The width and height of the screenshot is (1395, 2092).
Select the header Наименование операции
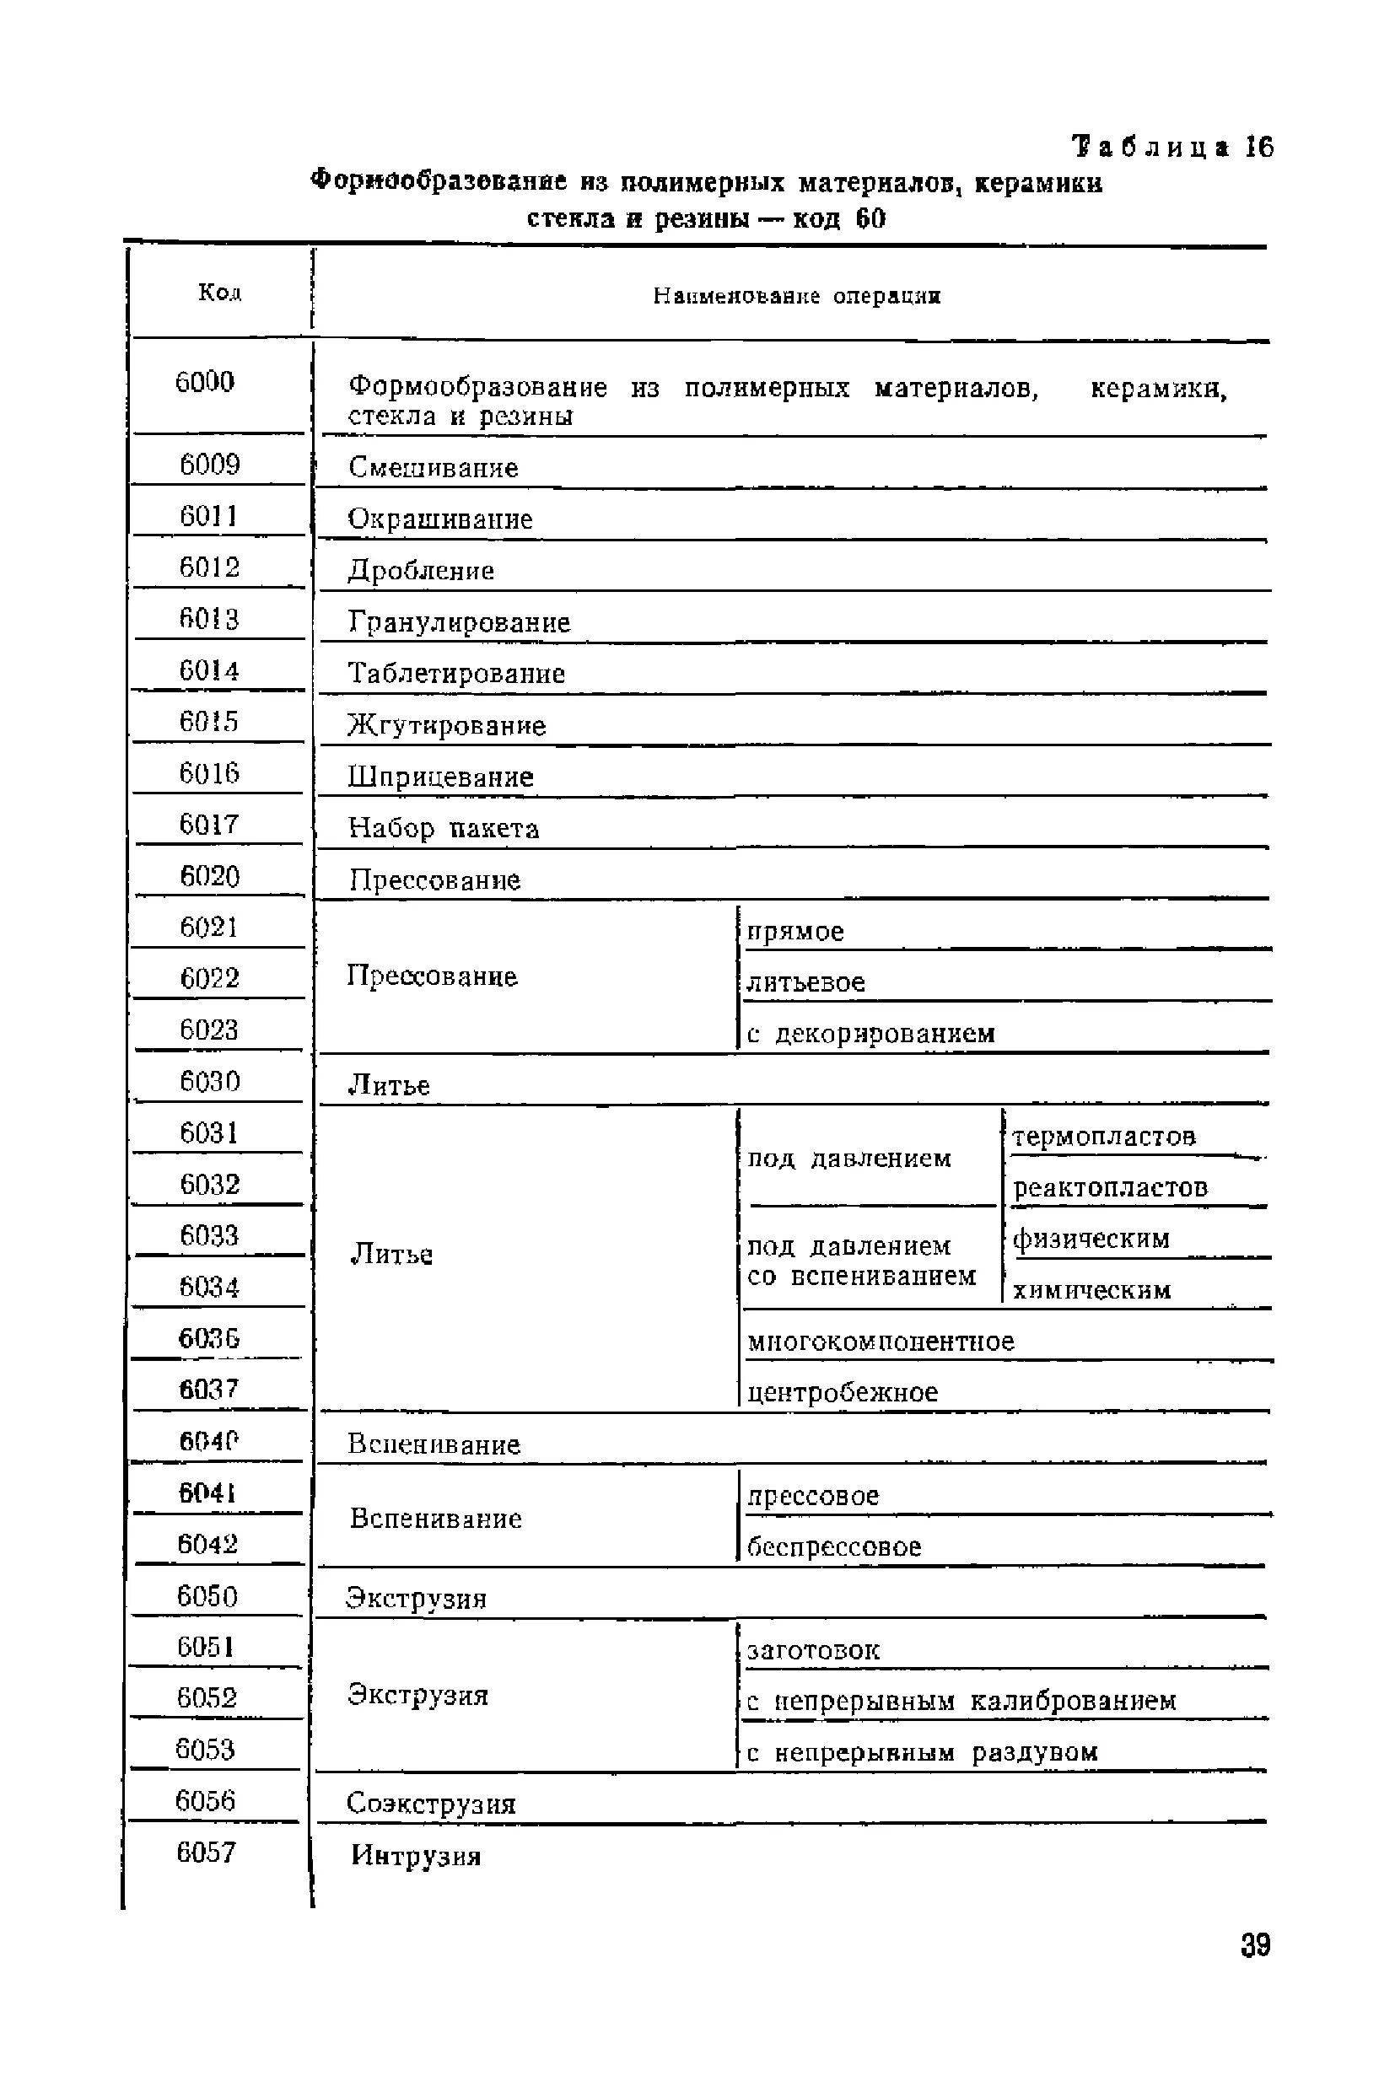[x=796, y=295]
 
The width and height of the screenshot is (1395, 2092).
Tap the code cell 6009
[x=210, y=465]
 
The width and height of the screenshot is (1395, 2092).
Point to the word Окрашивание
[x=439, y=519]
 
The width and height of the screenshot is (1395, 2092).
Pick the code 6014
[x=209, y=670]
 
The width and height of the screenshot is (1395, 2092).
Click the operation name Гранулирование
[x=458, y=622]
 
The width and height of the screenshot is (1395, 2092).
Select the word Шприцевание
[x=440, y=777]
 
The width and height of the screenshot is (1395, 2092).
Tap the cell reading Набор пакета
[x=443, y=829]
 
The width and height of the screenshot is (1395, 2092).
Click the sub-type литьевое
[x=805, y=983]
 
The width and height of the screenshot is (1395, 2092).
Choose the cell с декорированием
[x=870, y=1034]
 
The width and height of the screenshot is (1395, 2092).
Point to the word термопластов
[x=1103, y=1136]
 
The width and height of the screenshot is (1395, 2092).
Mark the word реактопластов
[x=1110, y=1187]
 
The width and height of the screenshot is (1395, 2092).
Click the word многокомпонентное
[x=880, y=1342]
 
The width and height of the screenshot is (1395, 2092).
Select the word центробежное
[x=842, y=1393]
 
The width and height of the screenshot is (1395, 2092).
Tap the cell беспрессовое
[x=833, y=1546]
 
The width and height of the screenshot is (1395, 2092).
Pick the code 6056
[x=206, y=1801]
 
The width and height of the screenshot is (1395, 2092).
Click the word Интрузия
[x=416, y=1856]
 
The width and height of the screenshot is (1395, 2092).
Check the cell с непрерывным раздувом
[x=922, y=1753]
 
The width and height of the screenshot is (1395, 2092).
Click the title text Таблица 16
[x=1172, y=147]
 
